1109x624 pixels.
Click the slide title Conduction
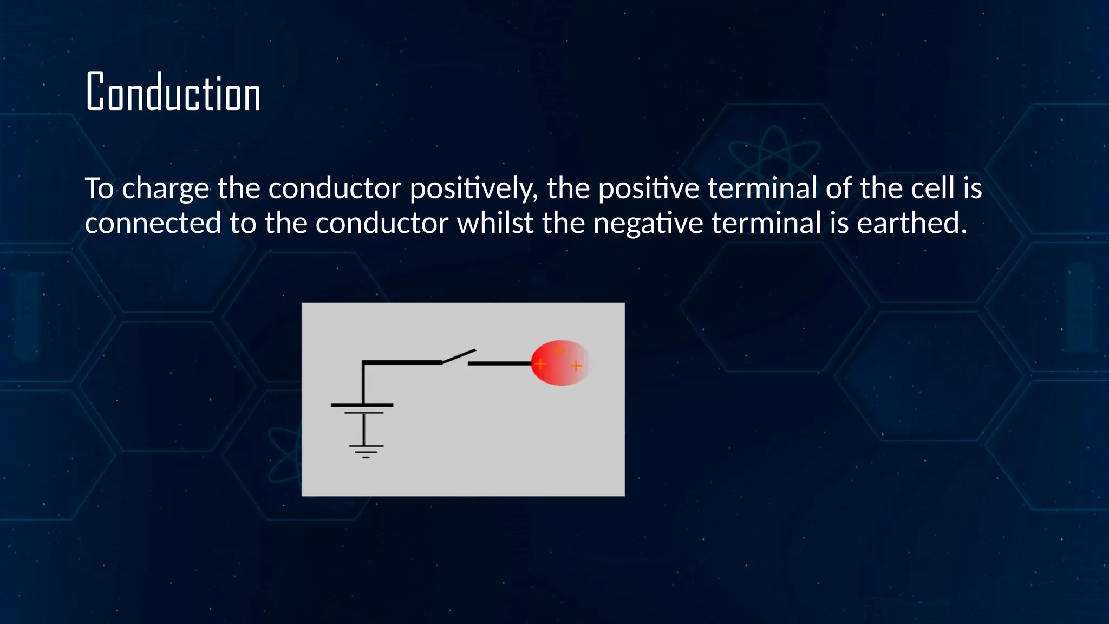click(173, 93)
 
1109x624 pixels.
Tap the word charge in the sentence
click(165, 188)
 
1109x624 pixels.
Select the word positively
click(473, 188)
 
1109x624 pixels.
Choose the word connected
click(153, 223)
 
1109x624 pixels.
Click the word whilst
click(495, 223)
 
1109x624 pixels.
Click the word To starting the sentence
click(99, 188)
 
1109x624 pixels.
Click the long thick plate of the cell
click(362, 405)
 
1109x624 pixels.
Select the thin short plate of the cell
click(363, 413)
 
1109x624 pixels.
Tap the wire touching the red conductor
click(499, 363)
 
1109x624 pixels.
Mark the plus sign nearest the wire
click(540, 363)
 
